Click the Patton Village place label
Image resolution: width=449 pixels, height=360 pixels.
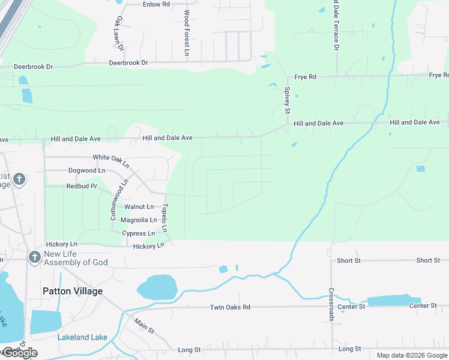[x=73, y=291]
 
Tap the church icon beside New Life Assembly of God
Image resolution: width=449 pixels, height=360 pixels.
[x=34, y=257]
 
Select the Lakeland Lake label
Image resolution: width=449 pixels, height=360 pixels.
[x=82, y=337]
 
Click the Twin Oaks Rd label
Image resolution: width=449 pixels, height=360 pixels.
[x=229, y=307]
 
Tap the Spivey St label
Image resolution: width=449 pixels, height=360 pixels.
[x=287, y=100]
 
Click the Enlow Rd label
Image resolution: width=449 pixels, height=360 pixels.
[x=156, y=4]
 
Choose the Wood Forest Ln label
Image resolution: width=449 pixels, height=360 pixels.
[x=187, y=33]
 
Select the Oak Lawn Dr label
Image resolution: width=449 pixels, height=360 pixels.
[x=118, y=32]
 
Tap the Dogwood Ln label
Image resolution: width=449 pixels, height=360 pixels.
[x=86, y=170]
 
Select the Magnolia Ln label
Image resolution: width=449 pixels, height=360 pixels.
[x=139, y=220]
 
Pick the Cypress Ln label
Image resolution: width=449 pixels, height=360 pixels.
[x=138, y=233]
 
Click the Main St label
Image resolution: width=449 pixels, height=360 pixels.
[x=144, y=327]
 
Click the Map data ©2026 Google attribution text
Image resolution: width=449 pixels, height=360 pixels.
[x=412, y=355]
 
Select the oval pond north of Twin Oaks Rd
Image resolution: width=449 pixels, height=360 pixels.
[x=157, y=287]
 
